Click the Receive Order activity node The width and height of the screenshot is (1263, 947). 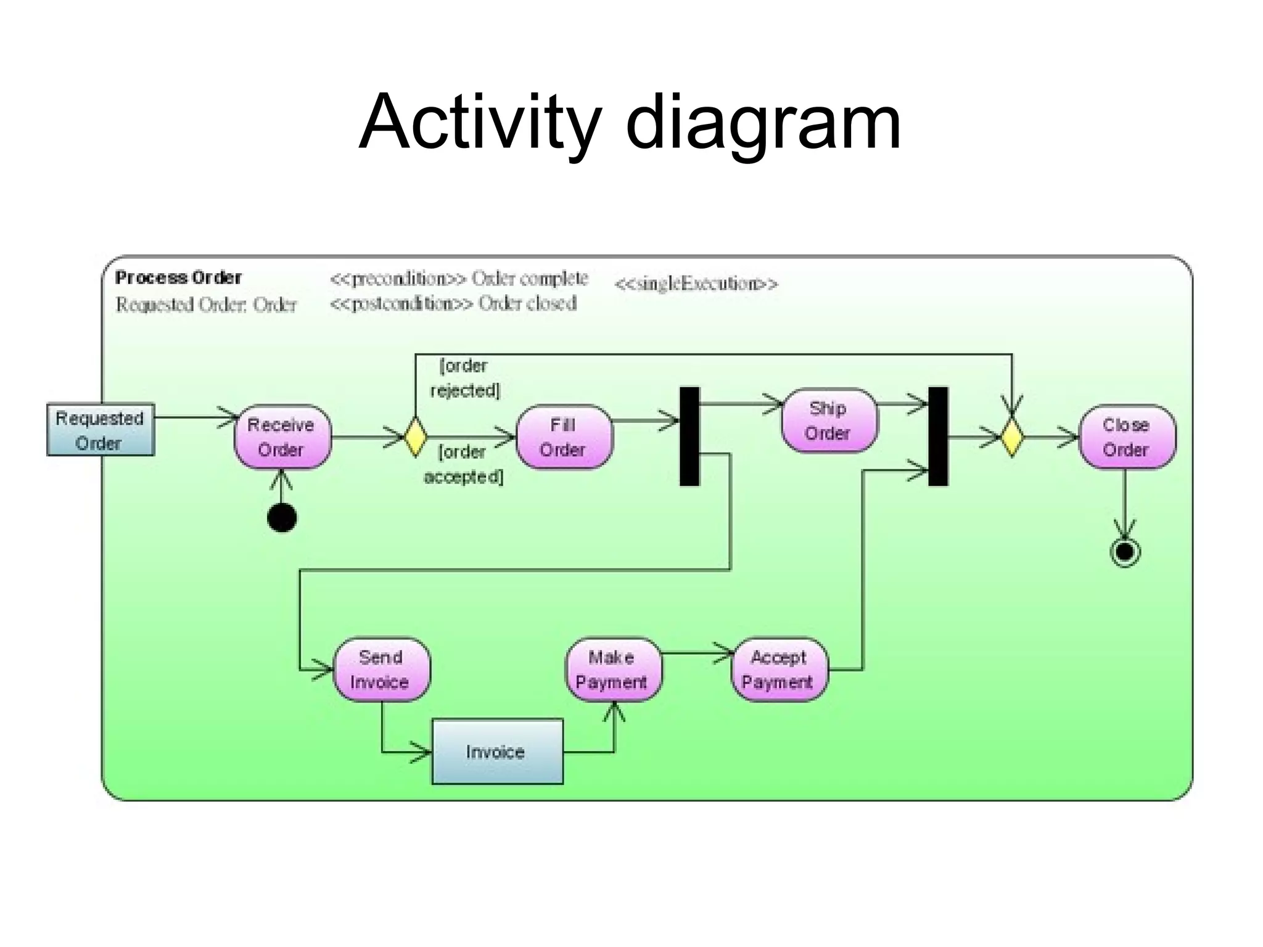pos(282,437)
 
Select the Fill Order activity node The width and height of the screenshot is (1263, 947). pos(563,437)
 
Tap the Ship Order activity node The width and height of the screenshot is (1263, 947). pos(828,420)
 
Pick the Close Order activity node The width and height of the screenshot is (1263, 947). pos(1126,437)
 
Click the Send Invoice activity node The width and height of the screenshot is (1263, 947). pos(381,670)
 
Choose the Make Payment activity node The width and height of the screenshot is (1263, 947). pos(612,670)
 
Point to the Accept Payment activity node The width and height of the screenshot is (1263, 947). pos(779,670)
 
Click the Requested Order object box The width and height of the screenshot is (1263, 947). pos(101,430)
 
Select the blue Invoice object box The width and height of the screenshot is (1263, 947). pos(497,752)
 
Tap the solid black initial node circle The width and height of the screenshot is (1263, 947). pos(282,517)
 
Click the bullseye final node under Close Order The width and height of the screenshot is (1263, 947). pos(1125,552)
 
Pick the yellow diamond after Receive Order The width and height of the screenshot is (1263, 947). pos(415,437)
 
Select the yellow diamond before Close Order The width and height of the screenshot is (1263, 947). pos(1011,437)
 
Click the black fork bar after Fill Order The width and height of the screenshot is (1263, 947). pos(689,437)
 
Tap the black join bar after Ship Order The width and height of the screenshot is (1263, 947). pos(938,437)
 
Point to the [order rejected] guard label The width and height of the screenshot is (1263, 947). pos(464,378)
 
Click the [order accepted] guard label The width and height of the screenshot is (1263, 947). pos(463,464)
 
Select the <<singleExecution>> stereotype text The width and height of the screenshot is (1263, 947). pos(696,284)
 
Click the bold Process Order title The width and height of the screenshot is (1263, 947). pos(178,277)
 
